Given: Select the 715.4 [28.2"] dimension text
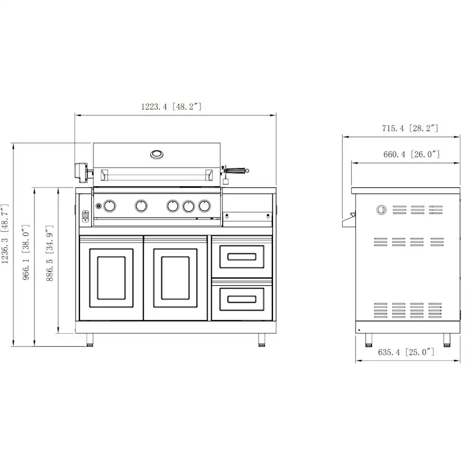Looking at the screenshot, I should click(410, 128).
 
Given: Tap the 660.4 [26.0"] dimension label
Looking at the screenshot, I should click(411, 154).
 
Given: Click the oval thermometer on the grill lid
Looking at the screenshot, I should click(157, 154).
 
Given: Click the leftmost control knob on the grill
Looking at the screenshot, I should click(110, 206).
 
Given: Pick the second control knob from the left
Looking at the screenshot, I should click(141, 206).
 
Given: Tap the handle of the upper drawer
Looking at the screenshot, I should click(240, 257).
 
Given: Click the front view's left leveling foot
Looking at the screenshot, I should click(90, 339).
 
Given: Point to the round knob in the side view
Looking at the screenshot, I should click(382, 210).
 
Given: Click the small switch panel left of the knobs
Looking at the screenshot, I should click(86, 214).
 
